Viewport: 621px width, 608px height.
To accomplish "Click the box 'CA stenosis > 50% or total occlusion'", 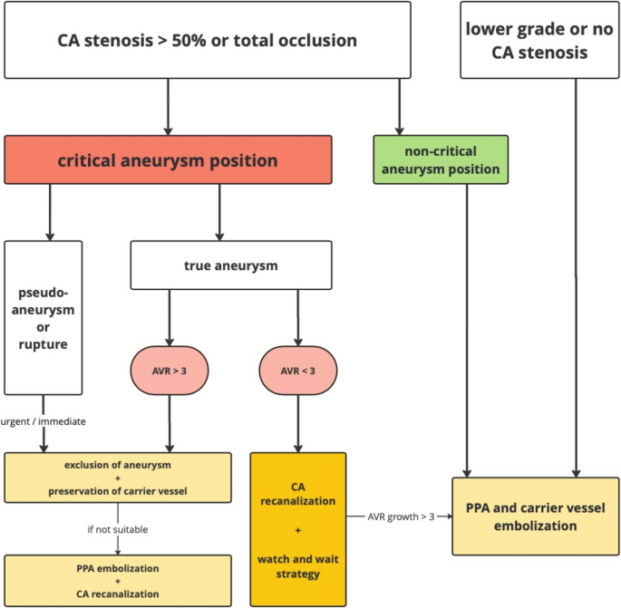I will [207, 40].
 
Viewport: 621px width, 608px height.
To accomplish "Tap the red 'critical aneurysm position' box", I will [168, 161].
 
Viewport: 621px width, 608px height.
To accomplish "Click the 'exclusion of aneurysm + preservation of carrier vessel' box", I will [119, 478].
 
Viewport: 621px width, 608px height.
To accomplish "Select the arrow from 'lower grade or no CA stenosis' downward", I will [576, 272].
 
